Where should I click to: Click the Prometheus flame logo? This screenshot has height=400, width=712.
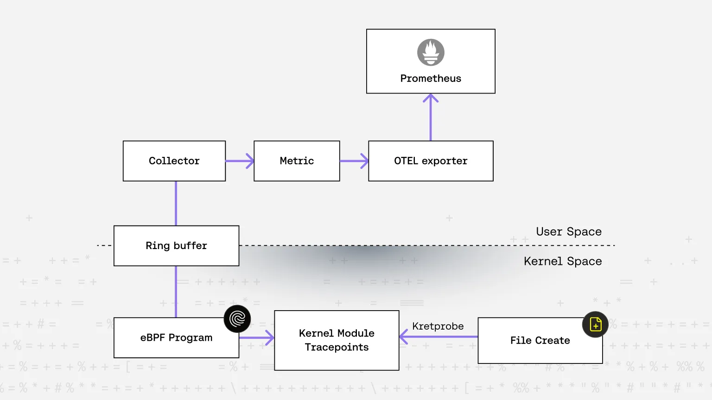(x=431, y=52)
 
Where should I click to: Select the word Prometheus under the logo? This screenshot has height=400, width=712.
(x=431, y=79)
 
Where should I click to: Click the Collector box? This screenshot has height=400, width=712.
(x=174, y=161)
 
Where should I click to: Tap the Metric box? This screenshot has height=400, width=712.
(x=297, y=161)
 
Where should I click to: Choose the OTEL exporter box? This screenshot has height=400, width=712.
(x=431, y=161)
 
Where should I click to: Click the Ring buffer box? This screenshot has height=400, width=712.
(x=176, y=246)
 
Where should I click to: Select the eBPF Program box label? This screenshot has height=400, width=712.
(x=176, y=338)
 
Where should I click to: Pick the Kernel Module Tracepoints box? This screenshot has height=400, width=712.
(x=337, y=340)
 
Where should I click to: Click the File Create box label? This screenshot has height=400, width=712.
(x=540, y=341)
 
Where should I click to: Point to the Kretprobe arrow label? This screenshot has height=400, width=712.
(x=438, y=326)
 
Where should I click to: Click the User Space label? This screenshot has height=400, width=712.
(x=569, y=231)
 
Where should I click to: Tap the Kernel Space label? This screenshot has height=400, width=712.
(x=563, y=262)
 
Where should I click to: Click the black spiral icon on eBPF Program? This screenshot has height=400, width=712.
(x=237, y=319)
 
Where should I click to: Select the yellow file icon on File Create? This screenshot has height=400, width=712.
(x=596, y=325)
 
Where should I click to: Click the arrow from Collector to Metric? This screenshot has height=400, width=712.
(x=240, y=161)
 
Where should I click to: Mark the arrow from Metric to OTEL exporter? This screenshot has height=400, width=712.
(x=354, y=161)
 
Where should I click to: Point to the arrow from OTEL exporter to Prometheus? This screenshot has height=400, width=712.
(x=431, y=118)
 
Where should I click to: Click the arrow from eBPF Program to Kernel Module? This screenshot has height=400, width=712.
(x=257, y=338)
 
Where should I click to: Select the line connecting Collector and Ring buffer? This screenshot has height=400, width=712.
(x=176, y=203)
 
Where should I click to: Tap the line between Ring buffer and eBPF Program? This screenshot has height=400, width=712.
(x=176, y=292)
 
